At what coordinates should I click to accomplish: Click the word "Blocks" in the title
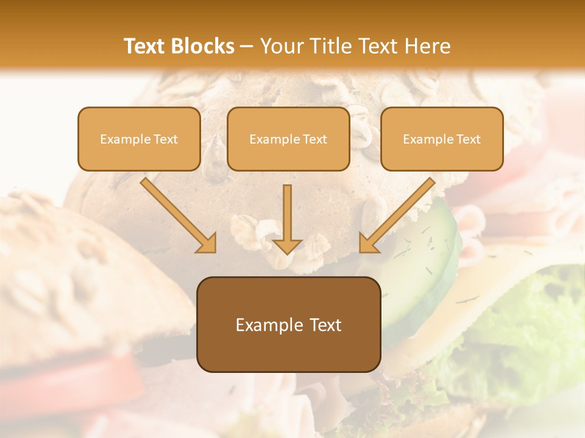pos(203,46)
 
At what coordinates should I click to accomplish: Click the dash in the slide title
pos(247,47)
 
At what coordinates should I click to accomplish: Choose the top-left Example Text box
pos(139,139)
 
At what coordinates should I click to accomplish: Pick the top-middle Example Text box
pos(288,139)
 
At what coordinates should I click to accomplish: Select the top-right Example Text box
pos(442,139)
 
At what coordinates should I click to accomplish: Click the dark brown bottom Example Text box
pos(288,324)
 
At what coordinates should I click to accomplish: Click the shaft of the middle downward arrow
pos(288,210)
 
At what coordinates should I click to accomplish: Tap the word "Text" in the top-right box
pos(468,139)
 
